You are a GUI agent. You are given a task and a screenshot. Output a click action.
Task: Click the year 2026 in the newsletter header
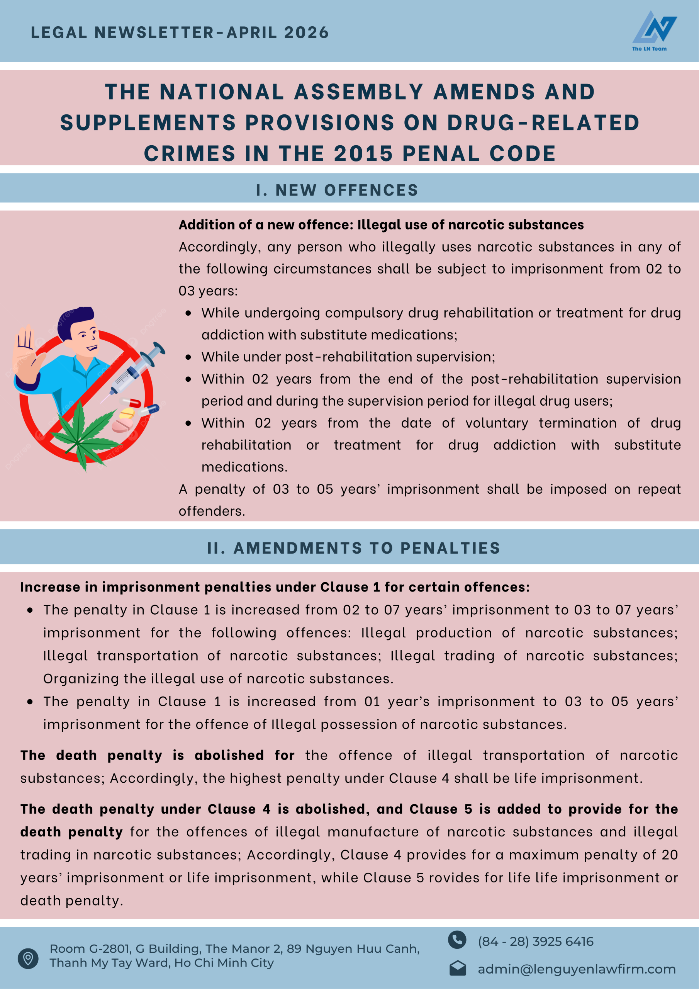click(306, 33)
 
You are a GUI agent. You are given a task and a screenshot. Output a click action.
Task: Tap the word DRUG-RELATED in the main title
click(543, 123)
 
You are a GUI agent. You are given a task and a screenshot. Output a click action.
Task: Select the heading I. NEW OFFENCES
click(337, 190)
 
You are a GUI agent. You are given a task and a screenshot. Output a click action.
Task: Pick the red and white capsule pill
click(130, 403)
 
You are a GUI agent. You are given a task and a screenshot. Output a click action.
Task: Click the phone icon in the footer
click(456, 940)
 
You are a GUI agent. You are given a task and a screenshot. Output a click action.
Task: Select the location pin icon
click(28, 958)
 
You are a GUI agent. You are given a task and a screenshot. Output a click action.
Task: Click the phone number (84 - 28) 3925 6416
click(535, 941)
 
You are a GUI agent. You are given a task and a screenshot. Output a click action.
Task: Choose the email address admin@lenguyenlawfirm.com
click(576, 969)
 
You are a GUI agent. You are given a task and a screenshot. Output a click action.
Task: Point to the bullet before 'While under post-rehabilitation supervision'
click(188, 357)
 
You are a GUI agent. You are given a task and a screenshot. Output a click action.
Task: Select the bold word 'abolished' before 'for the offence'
click(229, 755)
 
